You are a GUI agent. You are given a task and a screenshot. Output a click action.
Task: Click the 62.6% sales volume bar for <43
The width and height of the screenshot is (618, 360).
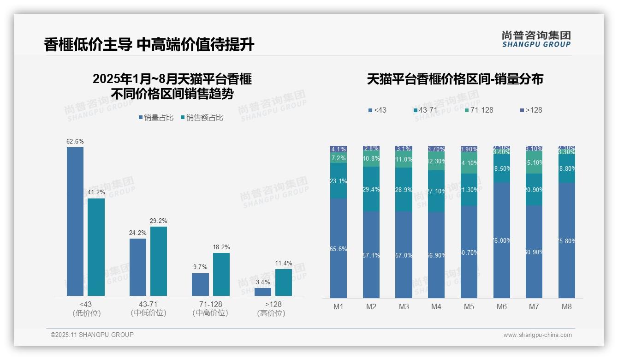(75, 222)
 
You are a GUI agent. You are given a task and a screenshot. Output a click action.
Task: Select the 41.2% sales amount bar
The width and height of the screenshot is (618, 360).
(96, 247)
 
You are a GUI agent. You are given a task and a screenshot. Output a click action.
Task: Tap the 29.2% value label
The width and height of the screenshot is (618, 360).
(159, 221)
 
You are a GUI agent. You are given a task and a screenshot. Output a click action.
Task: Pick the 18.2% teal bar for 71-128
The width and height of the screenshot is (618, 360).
(221, 274)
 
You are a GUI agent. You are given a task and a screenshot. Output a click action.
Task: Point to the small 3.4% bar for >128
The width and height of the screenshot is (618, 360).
(263, 292)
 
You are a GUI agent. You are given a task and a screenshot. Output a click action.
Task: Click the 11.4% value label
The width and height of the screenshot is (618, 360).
(283, 264)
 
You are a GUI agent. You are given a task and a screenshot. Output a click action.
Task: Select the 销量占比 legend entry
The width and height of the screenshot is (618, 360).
(156, 118)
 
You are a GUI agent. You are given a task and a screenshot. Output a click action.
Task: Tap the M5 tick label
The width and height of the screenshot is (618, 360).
(469, 306)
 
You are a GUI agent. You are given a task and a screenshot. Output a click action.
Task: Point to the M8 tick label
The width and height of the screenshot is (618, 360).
(567, 306)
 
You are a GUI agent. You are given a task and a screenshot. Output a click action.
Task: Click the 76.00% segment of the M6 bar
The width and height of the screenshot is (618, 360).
(502, 240)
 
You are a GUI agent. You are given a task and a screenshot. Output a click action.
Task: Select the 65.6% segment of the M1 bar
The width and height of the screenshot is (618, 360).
(339, 248)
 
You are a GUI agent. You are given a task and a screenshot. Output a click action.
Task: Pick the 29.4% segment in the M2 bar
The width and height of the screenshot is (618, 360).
(371, 189)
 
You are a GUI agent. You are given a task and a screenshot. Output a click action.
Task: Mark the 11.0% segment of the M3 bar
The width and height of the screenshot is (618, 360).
(404, 160)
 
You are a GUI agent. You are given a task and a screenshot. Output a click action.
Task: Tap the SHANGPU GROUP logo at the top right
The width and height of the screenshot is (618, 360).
(536, 39)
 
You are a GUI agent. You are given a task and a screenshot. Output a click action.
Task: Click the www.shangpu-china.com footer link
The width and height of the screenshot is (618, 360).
(537, 335)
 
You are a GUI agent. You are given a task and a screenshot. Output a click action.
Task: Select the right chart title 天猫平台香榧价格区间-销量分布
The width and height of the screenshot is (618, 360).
(455, 79)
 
